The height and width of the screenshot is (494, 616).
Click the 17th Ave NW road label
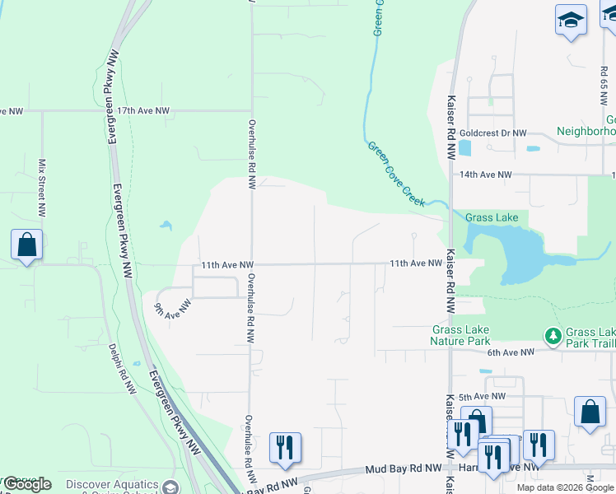click(x=142, y=110)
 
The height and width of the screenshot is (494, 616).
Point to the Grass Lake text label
click(x=492, y=218)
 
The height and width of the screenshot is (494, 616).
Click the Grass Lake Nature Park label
click(x=461, y=335)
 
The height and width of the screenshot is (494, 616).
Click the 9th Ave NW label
click(x=172, y=307)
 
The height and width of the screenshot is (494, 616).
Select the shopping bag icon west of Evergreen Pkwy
click(x=26, y=245)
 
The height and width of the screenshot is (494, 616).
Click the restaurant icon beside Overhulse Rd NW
click(x=285, y=448)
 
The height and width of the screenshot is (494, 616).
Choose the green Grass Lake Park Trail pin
click(x=552, y=335)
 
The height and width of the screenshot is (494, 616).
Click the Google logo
click(x=26, y=484)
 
